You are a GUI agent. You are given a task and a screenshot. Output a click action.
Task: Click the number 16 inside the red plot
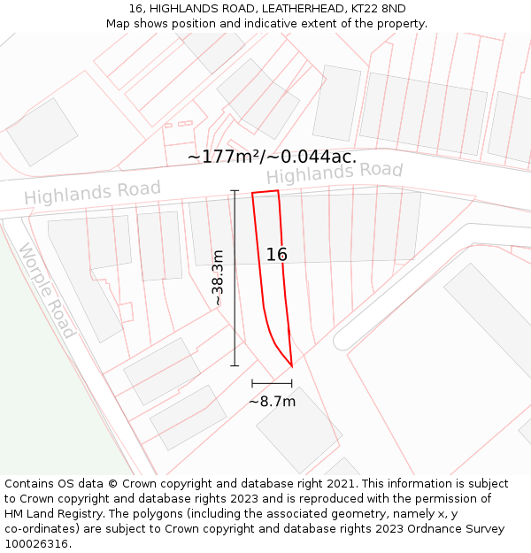click(x=277, y=255)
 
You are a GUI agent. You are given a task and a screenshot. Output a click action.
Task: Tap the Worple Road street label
click(x=47, y=290)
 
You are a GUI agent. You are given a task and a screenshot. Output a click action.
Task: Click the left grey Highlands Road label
click(x=92, y=191)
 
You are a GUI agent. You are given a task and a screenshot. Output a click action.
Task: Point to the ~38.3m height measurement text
click(x=218, y=278)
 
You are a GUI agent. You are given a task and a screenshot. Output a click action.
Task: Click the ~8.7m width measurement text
click(x=272, y=402)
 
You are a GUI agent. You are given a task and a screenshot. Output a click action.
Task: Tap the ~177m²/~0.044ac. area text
click(x=272, y=157)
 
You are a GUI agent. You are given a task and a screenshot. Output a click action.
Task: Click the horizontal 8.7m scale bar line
click(x=272, y=383)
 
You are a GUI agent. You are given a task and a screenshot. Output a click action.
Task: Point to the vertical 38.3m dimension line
click(x=235, y=278)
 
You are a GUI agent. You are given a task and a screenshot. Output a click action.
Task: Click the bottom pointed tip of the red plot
click(x=291, y=365)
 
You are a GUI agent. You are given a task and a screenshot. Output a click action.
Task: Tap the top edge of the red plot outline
click(x=265, y=192)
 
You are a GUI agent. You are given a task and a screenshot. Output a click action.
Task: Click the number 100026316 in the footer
click(x=36, y=543)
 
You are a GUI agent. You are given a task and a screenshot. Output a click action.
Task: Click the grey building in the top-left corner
click(x=42, y=132)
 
